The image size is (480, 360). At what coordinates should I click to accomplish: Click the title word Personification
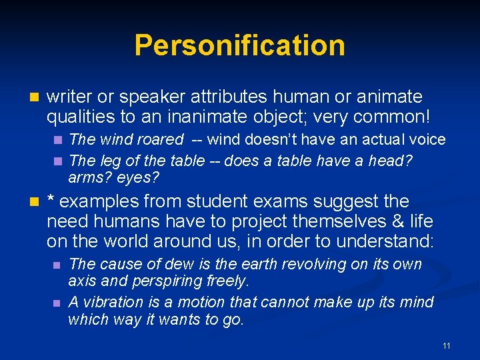coord(239,46)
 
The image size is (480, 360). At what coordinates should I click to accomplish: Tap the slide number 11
coord(446,345)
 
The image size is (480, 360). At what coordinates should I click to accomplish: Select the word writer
coord(68,97)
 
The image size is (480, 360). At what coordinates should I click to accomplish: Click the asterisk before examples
coord(51,200)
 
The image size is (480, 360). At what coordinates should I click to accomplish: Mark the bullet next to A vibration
coord(58,303)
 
